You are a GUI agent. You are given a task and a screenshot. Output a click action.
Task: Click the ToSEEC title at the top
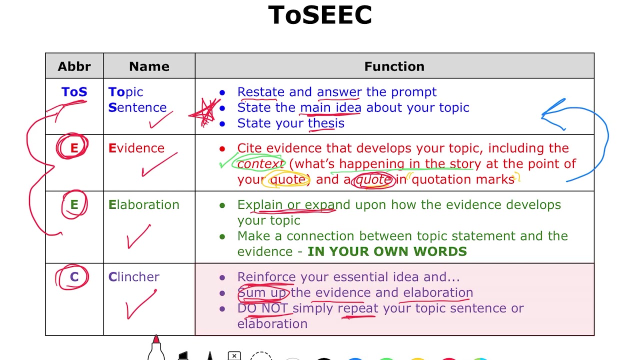320,15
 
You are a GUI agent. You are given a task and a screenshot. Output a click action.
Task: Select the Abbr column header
74,66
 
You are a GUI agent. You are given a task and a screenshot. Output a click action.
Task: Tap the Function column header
394,66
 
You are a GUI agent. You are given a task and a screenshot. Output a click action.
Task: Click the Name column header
149,66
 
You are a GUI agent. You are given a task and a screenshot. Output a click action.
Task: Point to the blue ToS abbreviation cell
74,92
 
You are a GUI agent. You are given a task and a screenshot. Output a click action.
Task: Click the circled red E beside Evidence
73,148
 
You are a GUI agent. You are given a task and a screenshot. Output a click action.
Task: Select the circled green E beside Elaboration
74,204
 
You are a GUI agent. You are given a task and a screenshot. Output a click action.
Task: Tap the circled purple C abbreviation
74,277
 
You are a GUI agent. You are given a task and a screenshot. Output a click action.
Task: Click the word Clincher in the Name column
134,277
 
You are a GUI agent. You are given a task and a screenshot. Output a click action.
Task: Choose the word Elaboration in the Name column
144,204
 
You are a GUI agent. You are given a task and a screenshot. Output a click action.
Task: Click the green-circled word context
260,164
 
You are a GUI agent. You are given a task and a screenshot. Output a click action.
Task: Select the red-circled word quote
373,179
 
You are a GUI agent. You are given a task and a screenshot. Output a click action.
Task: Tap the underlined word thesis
326,123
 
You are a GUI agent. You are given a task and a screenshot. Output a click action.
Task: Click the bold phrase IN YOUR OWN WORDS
387,251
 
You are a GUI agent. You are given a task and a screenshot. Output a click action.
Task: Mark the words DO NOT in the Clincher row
263,308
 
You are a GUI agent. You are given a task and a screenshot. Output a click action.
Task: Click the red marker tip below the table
156,340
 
